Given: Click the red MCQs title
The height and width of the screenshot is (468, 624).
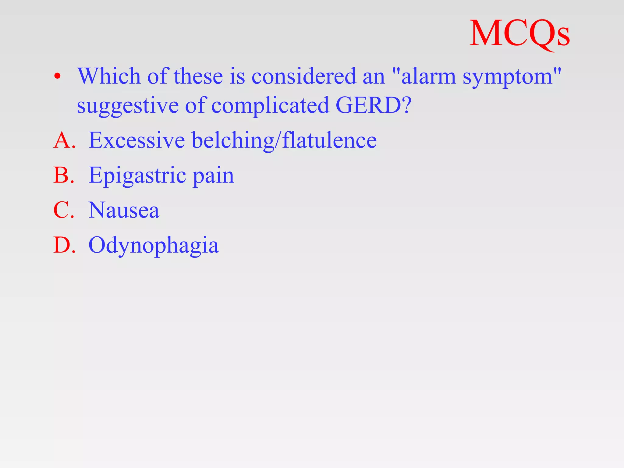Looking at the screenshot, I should (519, 34).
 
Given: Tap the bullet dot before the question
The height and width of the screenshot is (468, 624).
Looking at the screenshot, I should (57, 76).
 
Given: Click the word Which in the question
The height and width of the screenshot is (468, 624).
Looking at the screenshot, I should (109, 76).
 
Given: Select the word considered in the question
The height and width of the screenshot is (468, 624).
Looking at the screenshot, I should (303, 76).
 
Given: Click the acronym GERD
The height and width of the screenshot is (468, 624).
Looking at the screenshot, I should (369, 105).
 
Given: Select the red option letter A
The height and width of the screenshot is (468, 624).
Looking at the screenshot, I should (62, 140).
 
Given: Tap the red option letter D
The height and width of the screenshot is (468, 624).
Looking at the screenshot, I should (62, 245).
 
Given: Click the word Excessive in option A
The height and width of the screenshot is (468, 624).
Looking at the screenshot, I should (137, 140).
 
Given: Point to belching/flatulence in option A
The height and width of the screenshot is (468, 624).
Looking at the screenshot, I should (284, 140).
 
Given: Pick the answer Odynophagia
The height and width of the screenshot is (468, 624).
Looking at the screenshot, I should (154, 246).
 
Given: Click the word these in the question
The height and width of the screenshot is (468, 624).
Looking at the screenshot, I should (198, 76).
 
